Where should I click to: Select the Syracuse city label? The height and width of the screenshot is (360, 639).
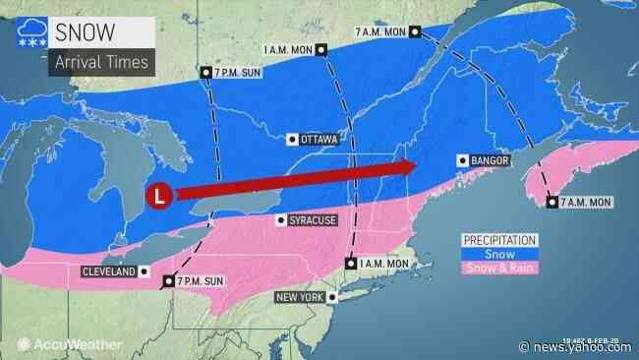(x=314, y=220)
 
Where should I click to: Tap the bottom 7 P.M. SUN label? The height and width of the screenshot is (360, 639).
(x=201, y=281)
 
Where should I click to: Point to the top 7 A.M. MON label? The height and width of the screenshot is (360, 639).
(x=381, y=32)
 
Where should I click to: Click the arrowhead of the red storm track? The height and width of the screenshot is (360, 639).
(x=403, y=168)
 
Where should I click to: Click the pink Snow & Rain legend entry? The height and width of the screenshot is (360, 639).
(x=500, y=269)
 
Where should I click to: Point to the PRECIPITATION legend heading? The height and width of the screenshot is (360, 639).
(x=500, y=239)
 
